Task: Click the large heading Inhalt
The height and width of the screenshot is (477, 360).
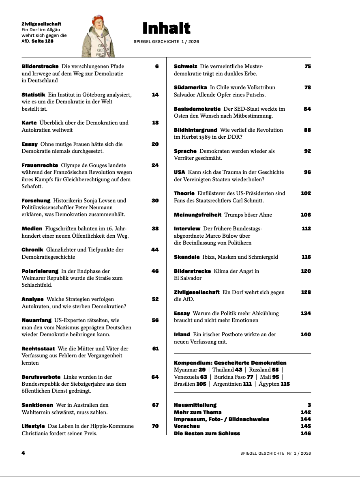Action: [166, 28]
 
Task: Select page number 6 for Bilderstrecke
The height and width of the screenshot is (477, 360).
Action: [156, 67]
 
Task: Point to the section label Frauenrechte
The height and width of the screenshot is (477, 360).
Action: [40, 165]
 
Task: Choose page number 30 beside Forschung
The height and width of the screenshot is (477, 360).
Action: [155, 201]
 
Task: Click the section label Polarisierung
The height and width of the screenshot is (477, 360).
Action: [40, 271]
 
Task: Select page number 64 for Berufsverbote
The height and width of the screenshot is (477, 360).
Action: [155, 377]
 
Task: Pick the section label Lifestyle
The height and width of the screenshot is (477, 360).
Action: [33, 426]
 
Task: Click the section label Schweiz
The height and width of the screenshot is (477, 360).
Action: [186, 67]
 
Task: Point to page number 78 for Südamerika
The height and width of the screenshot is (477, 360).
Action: [307, 88]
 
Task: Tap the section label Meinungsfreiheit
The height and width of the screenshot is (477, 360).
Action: [197, 215]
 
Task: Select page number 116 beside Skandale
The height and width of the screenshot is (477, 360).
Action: [306, 257]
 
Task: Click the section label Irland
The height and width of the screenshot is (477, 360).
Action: [182, 335]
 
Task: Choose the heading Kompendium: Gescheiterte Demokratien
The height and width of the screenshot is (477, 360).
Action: [230, 363]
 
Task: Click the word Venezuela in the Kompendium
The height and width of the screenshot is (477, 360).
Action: [186, 377]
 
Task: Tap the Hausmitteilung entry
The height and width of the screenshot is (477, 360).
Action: [195, 405]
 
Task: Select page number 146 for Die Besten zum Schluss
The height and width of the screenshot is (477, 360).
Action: [306, 434]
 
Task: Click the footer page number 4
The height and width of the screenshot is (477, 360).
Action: [23, 453]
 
